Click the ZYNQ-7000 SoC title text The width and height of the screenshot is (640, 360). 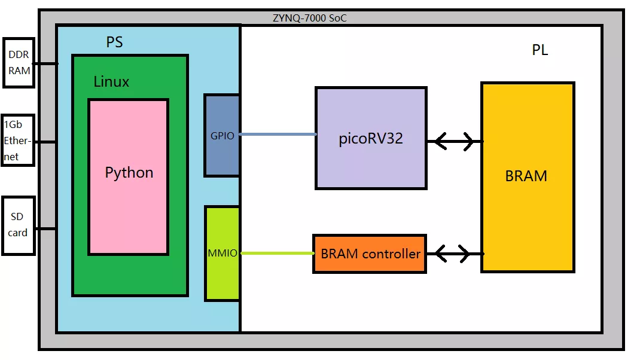(309, 18)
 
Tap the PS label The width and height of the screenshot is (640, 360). (115, 42)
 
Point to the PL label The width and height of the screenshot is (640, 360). (540, 50)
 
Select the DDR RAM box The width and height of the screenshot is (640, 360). (19, 62)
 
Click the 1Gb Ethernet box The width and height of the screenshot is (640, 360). (18, 141)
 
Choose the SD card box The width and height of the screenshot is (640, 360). (18, 225)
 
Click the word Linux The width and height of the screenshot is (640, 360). (111, 82)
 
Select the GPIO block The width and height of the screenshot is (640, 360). (222, 135)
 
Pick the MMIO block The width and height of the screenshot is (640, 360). (222, 253)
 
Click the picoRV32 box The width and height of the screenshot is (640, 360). (371, 138)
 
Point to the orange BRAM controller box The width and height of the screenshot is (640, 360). (370, 254)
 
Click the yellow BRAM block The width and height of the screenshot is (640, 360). (527, 176)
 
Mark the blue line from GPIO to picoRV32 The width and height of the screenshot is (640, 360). (278, 135)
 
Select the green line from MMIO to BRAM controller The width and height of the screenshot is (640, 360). (276, 254)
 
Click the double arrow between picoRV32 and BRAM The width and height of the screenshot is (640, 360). (454, 142)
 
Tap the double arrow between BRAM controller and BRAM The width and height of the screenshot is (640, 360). (454, 254)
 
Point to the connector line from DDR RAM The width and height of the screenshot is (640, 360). (45, 63)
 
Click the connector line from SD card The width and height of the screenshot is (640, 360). (45, 228)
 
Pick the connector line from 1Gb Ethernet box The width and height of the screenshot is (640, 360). (45, 142)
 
